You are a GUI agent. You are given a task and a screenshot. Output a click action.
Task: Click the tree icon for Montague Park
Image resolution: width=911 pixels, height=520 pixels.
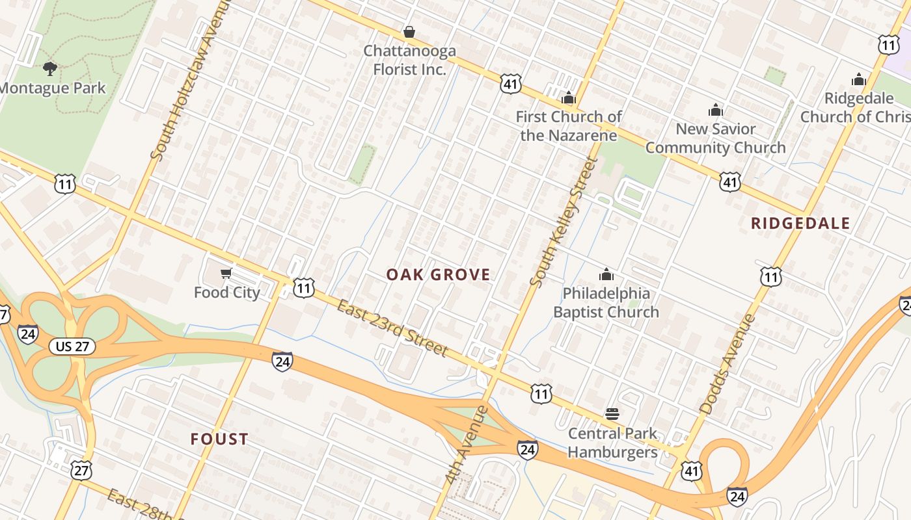tap(49, 68)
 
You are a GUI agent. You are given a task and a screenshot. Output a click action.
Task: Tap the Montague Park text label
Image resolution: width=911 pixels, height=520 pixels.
tap(52, 88)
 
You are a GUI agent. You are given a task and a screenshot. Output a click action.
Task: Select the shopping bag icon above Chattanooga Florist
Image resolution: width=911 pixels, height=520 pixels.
tap(409, 32)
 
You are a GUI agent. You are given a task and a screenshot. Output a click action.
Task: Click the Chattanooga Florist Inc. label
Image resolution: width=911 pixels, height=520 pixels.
tap(409, 60)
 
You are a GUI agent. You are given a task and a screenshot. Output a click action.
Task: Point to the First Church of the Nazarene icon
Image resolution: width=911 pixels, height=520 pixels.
tap(569, 98)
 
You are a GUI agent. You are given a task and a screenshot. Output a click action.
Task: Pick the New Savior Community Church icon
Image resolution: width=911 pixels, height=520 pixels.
tap(716, 110)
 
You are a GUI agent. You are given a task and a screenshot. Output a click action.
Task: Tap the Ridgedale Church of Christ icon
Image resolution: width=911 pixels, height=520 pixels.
tap(859, 79)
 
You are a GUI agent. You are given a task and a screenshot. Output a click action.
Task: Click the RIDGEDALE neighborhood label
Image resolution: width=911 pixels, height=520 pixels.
tap(800, 224)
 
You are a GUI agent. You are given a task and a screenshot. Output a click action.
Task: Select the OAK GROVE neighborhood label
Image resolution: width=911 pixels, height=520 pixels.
tap(439, 274)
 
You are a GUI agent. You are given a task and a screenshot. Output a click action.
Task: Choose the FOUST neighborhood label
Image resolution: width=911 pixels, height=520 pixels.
tap(219, 439)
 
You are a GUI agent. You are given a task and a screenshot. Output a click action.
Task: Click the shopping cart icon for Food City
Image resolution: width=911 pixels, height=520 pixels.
tap(226, 274)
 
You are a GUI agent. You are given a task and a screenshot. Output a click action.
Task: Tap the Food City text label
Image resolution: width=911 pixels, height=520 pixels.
tap(226, 292)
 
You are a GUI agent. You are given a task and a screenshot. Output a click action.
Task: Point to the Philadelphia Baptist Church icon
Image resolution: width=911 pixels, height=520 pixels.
tap(606, 274)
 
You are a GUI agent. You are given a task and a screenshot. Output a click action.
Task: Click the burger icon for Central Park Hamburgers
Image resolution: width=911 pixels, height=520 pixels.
tap(612, 414)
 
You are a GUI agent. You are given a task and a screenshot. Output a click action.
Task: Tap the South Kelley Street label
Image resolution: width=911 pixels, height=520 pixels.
tap(564, 221)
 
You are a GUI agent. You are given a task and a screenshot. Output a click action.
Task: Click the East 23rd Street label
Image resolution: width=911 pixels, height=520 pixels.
tap(392, 328)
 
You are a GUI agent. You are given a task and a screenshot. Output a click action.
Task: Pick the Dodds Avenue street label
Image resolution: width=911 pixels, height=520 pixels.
tap(728, 363)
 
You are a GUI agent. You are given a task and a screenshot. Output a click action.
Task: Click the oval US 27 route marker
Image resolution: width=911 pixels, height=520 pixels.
tap(72, 346)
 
